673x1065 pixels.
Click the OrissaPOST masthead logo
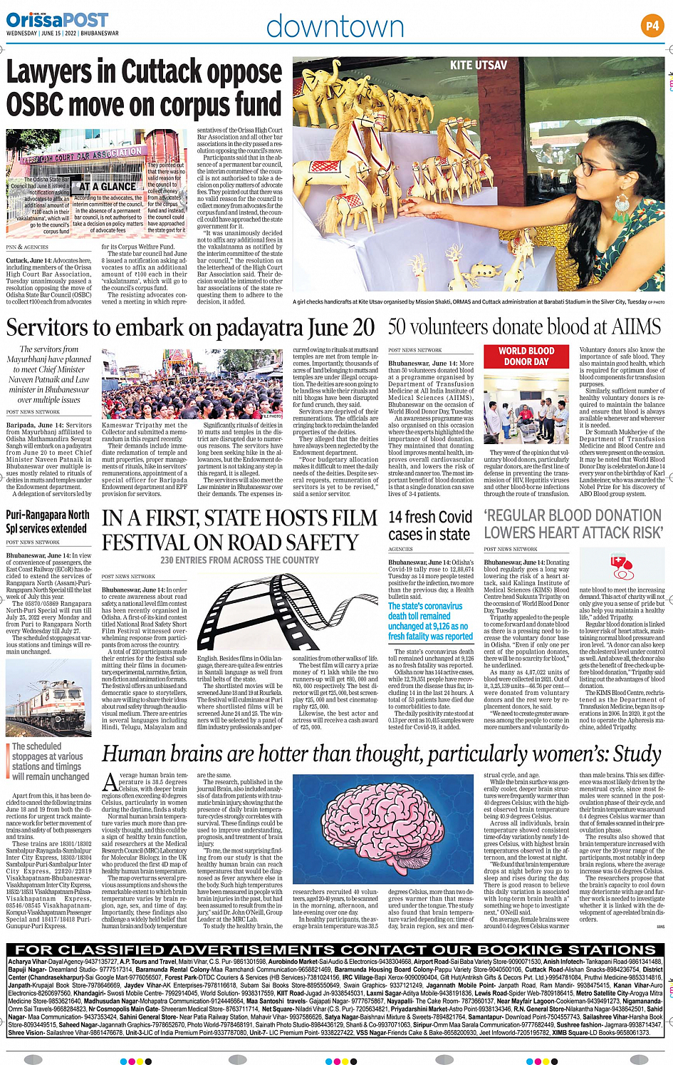tap(58, 20)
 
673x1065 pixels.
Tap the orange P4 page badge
tap(652, 26)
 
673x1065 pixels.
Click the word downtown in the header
tap(335, 27)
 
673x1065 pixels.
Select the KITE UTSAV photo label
tap(479, 66)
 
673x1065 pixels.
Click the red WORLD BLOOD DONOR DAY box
tap(526, 356)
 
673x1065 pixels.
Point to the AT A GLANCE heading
tap(108, 187)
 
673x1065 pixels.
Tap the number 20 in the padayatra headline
tap(362, 328)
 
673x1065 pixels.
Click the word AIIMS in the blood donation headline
tap(635, 327)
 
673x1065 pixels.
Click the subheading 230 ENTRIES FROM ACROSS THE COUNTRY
tap(239, 560)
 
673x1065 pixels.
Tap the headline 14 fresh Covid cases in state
tap(429, 525)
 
